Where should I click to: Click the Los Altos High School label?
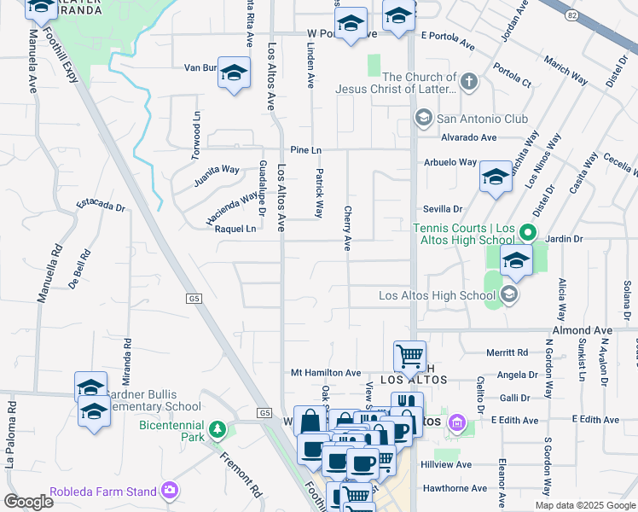[x=436, y=296]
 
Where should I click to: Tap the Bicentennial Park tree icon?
[x=219, y=428]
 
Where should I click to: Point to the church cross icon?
[x=468, y=82]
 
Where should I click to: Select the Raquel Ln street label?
[x=235, y=229]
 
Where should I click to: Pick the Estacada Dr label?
[x=101, y=206]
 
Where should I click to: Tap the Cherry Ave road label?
[x=347, y=229]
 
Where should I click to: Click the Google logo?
[x=28, y=501]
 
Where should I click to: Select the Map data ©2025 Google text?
[x=583, y=505]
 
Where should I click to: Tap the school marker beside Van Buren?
[x=233, y=73]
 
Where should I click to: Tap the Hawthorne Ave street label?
[x=456, y=488]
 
